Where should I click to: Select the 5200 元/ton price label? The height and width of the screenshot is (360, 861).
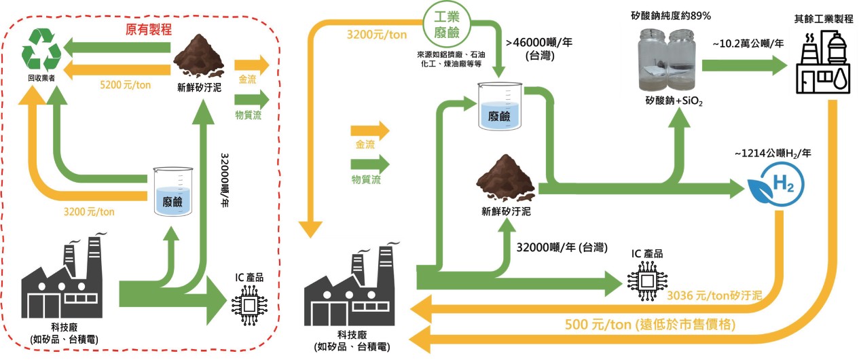pyautogui.click(x=125, y=86)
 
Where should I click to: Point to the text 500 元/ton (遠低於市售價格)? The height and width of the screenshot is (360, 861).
pyautogui.click(x=651, y=324)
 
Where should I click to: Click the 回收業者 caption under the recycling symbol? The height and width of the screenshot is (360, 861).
pyautogui.click(x=41, y=78)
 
